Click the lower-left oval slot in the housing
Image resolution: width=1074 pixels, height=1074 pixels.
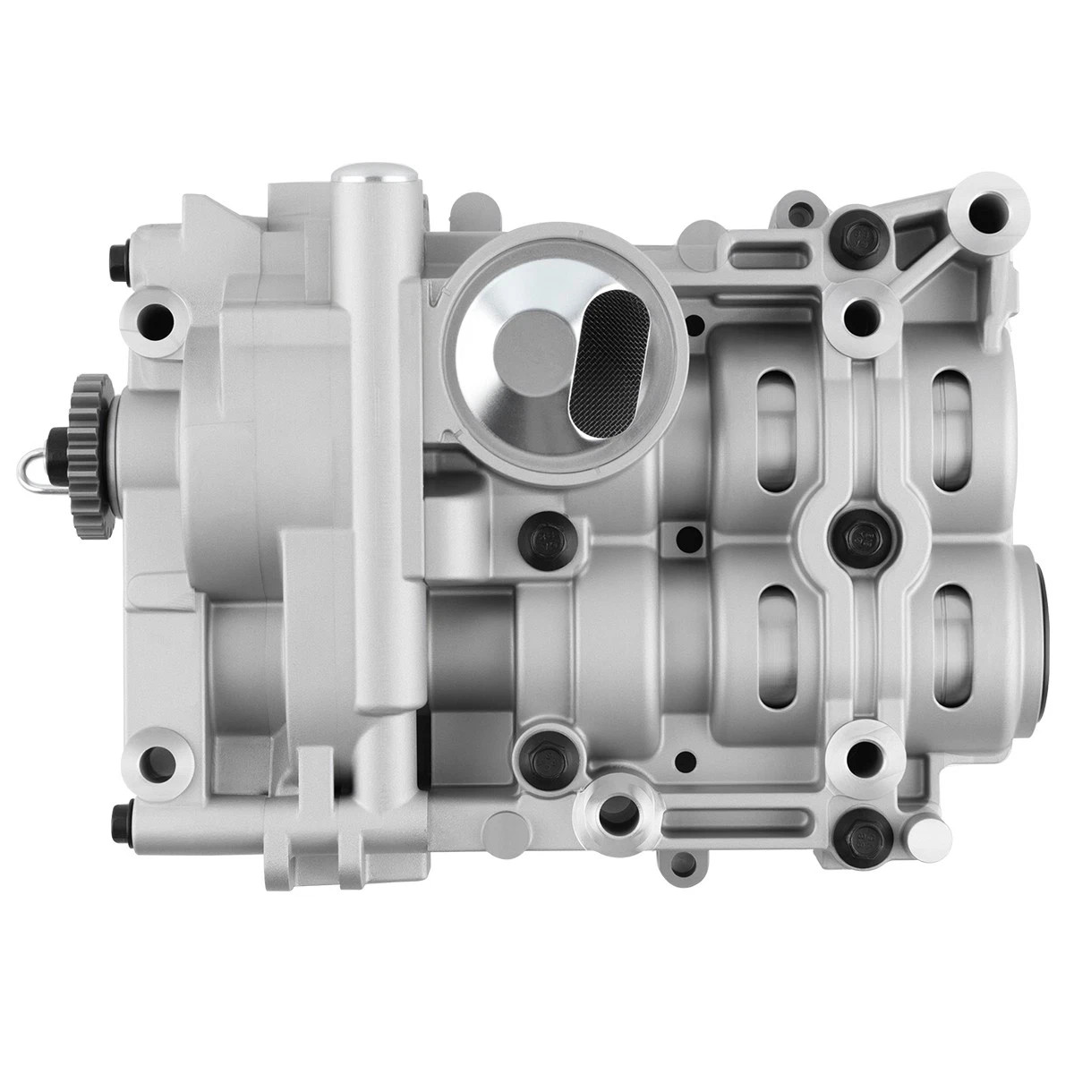[x=775, y=644]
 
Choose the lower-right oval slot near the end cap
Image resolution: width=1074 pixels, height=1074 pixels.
[x=952, y=644]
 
